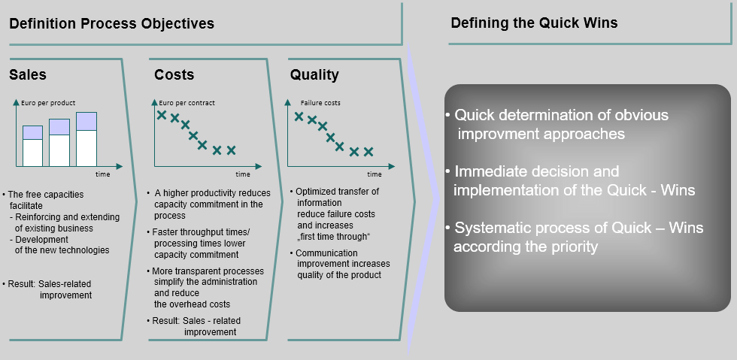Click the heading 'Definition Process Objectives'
(x=111, y=23)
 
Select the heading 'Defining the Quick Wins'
(x=534, y=23)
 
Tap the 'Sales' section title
(x=28, y=74)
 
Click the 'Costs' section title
(x=174, y=74)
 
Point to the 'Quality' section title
(x=314, y=74)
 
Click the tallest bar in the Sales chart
(x=86, y=139)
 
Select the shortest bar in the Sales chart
(x=32, y=146)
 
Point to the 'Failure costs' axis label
(x=320, y=102)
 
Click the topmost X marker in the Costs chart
(x=161, y=114)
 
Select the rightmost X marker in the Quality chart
(x=368, y=151)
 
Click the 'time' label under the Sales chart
(x=103, y=174)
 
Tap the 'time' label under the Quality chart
(x=375, y=174)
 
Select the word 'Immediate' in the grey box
(x=491, y=172)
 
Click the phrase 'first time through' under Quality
(x=334, y=237)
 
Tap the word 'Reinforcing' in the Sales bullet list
(x=42, y=217)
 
